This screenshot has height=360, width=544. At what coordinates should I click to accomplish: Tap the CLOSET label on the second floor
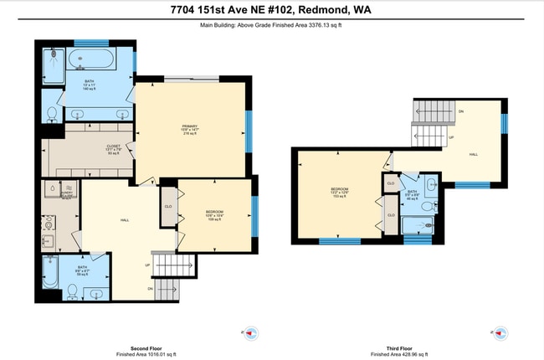(114, 147)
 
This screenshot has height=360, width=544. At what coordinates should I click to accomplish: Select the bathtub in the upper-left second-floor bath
(93, 59)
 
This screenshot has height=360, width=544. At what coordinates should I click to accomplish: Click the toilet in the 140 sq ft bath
(51, 112)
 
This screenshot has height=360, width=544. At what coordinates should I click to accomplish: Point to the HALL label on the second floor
(125, 220)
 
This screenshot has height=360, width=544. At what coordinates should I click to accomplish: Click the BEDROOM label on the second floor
(215, 213)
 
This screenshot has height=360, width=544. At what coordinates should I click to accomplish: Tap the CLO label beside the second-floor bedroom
(168, 206)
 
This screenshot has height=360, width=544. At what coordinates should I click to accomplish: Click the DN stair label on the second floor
(149, 288)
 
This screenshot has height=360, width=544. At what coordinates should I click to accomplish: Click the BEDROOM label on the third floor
(339, 190)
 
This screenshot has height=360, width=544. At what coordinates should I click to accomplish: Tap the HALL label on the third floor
(473, 155)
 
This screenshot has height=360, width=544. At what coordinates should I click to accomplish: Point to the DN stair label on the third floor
(460, 111)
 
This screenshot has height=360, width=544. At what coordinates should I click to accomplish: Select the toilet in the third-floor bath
(428, 206)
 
